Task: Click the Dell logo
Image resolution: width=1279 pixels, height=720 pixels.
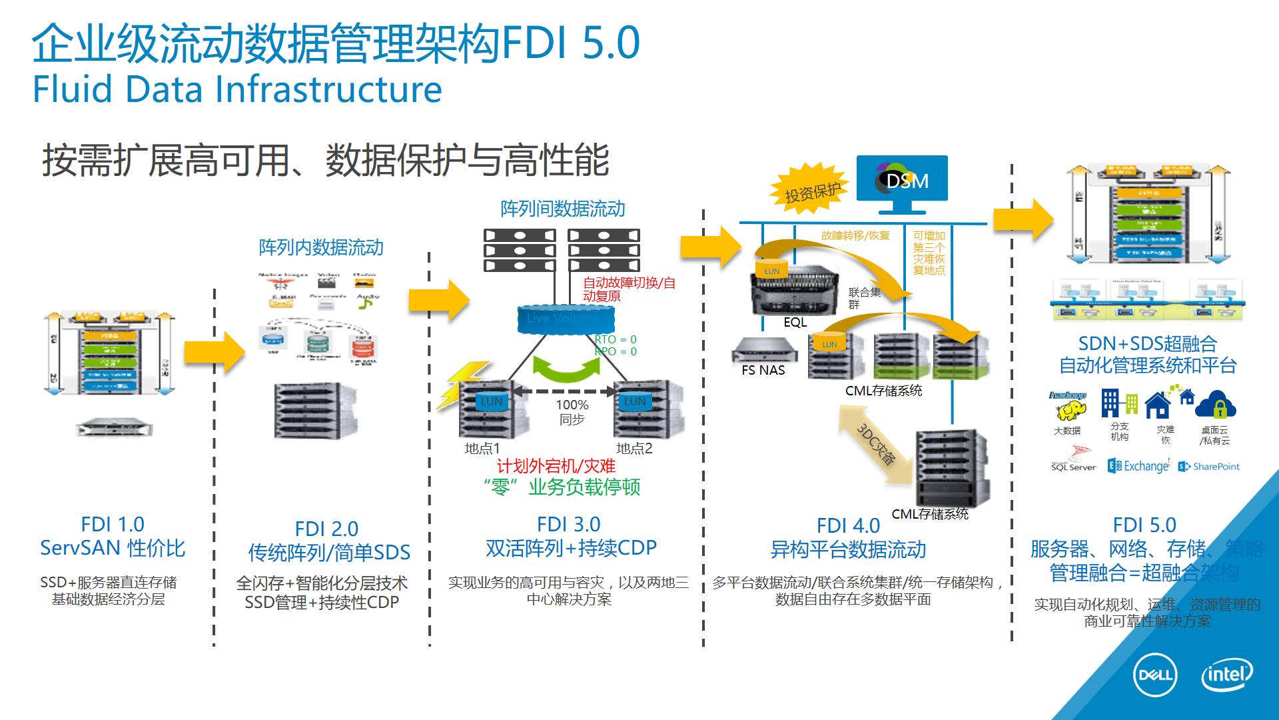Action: (1155, 675)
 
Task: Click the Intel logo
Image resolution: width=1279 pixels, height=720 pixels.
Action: (1227, 675)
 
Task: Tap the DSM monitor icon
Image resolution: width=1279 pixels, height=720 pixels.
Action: (901, 181)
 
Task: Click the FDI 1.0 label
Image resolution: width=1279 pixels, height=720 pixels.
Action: (112, 524)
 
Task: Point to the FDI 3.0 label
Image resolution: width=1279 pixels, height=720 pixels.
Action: (568, 524)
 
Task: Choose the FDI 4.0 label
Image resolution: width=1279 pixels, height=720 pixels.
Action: (847, 525)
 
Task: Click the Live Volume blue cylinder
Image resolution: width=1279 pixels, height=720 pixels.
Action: (558, 318)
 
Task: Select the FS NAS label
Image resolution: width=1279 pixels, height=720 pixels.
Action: (763, 370)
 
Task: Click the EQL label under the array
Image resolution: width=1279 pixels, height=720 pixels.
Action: (795, 322)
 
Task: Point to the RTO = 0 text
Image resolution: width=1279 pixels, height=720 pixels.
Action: (616, 339)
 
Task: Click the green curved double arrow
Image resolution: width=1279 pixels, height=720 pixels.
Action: (567, 368)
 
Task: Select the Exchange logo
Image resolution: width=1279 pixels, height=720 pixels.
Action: (1138, 466)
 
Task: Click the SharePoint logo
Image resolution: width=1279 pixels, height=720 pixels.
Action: (1209, 467)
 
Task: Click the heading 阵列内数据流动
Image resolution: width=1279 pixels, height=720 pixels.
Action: (321, 247)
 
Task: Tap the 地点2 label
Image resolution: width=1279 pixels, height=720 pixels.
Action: (634, 448)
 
